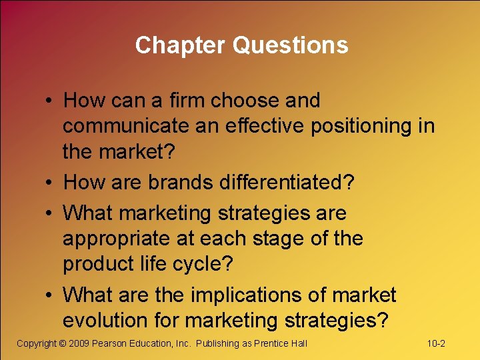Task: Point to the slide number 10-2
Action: pos(436,343)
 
